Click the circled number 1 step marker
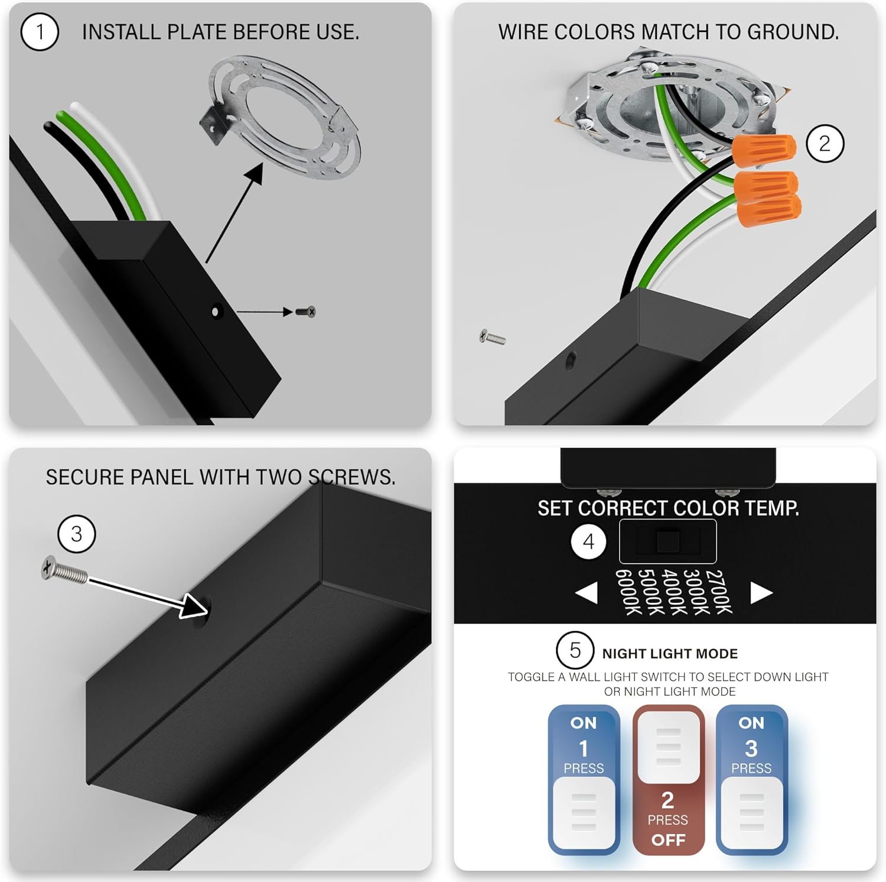40,32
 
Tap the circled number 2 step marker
825,143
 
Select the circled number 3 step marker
76,534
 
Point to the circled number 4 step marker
588,541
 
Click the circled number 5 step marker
575,650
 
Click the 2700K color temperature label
719,592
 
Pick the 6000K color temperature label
628,592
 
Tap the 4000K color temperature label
674,592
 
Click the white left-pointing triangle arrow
587,593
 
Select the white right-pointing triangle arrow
761,593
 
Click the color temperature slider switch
668,541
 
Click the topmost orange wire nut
764,149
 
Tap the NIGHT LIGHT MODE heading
670,653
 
